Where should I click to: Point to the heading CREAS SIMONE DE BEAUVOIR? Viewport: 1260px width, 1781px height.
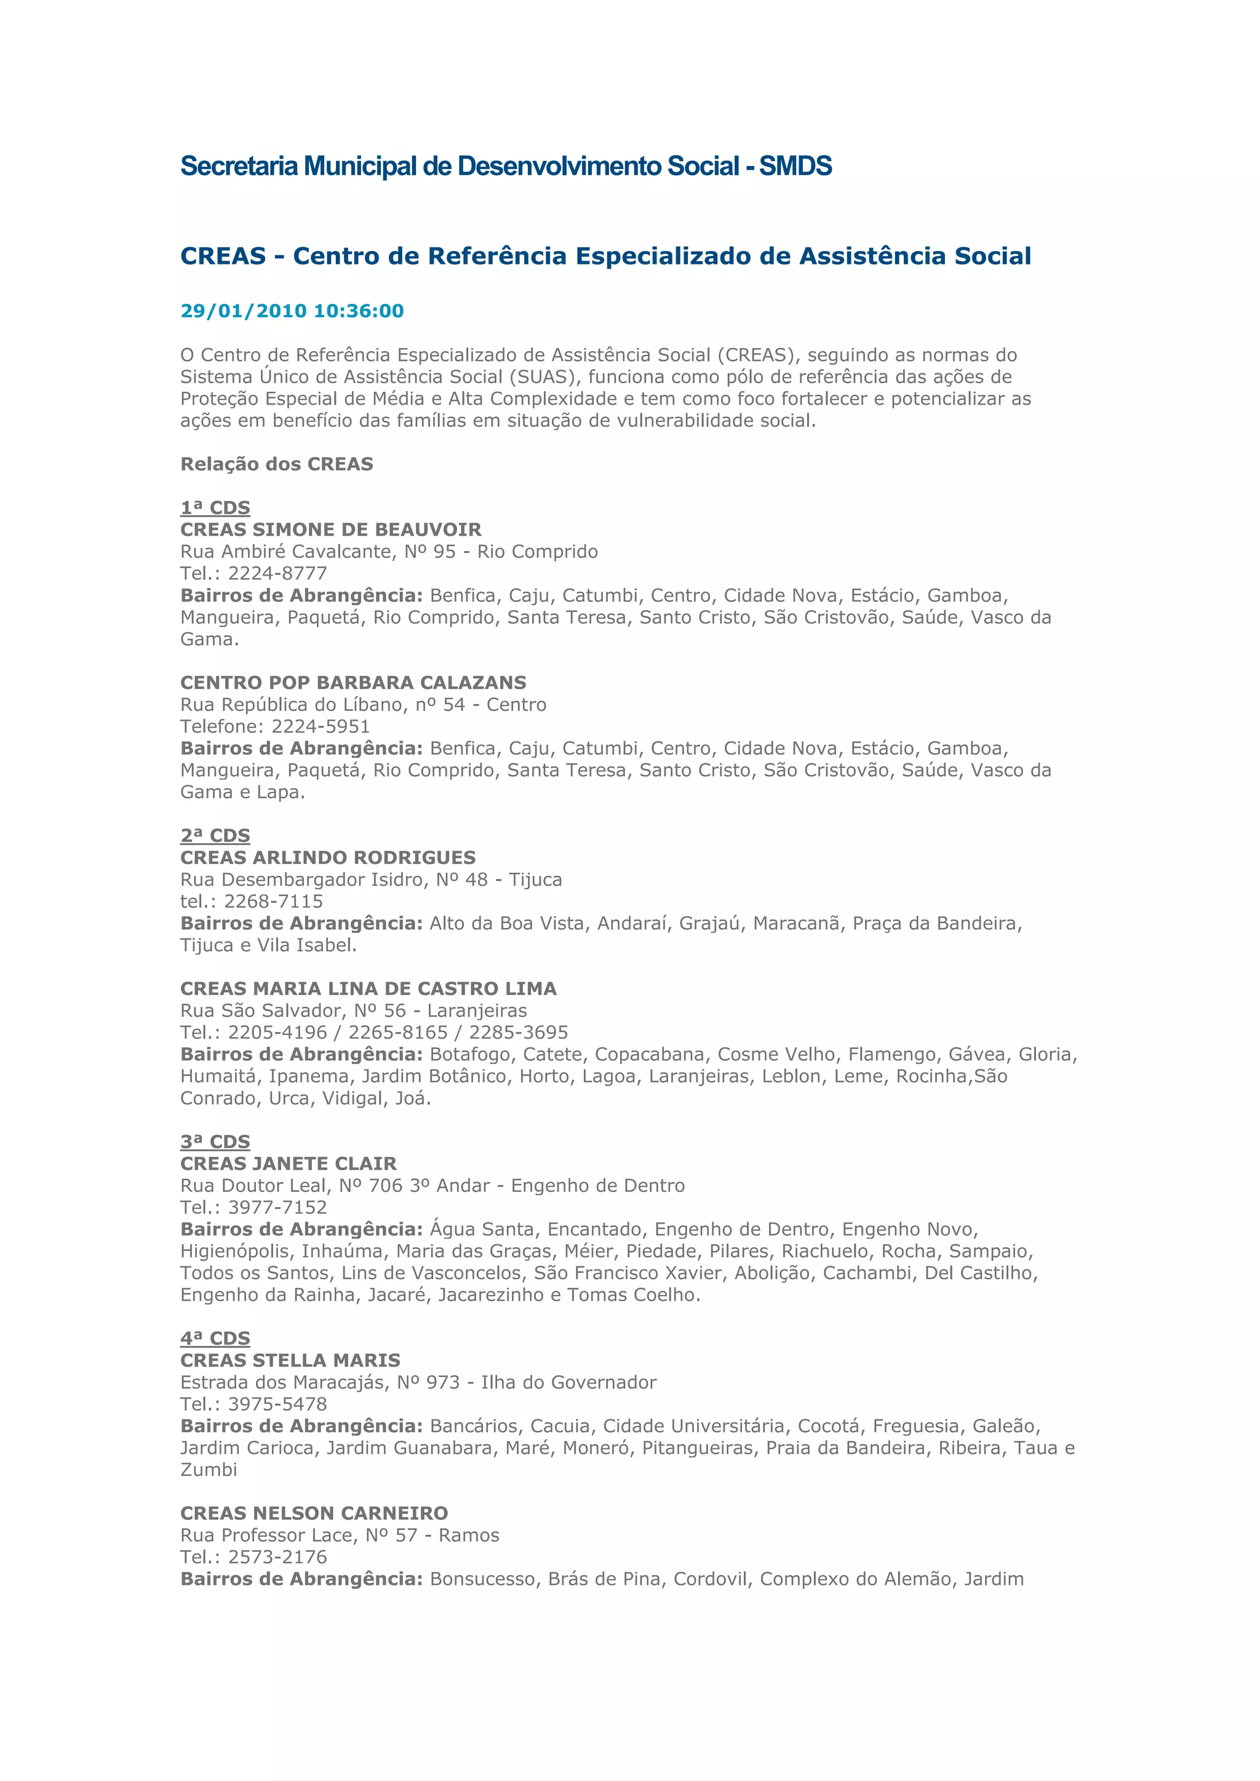(330, 530)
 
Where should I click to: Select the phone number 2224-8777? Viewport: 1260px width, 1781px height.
(277, 573)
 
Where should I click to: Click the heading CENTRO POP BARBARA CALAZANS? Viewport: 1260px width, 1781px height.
(353, 683)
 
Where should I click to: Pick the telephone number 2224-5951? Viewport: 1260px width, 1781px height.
(320, 727)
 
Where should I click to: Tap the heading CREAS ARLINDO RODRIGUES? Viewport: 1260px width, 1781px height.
(327, 858)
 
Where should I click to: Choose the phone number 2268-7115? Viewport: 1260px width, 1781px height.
(273, 902)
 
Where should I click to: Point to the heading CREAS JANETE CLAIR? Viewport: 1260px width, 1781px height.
(288, 1164)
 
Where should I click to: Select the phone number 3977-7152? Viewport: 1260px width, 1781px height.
(277, 1207)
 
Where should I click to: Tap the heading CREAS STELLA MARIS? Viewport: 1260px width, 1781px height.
(290, 1360)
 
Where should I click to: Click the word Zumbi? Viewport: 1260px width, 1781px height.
(209, 1469)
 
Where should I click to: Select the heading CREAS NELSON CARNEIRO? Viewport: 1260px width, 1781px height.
(314, 1513)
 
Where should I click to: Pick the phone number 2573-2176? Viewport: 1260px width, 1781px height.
(277, 1557)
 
